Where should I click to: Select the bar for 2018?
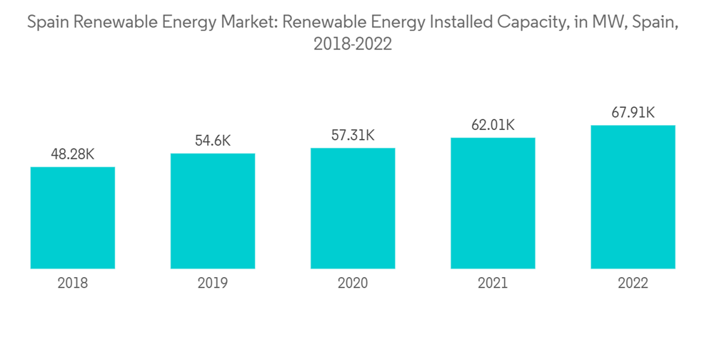click(73, 218)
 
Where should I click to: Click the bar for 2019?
click(213, 211)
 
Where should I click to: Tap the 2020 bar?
click(353, 208)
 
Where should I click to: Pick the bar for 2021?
click(493, 203)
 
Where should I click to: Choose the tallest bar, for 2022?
click(633, 196)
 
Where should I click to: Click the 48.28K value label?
click(73, 154)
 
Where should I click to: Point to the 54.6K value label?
click(213, 141)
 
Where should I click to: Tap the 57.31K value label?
click(353, 135)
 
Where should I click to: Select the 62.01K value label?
click(493, 125)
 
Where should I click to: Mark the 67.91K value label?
click(633, 112)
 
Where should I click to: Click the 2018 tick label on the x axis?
click(73, 284)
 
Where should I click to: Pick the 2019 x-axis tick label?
click(213, 284)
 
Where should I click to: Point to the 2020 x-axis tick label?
click(353, 284)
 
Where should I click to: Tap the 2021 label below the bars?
click(493, 284)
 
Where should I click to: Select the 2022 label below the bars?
click(633, 284)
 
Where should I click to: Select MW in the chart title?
click(596, 23)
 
